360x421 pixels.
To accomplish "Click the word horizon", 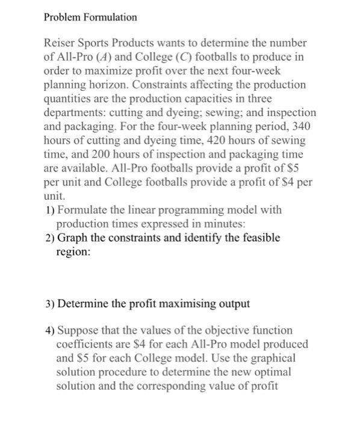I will [119, 85].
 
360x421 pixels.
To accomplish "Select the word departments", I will [75, 112].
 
